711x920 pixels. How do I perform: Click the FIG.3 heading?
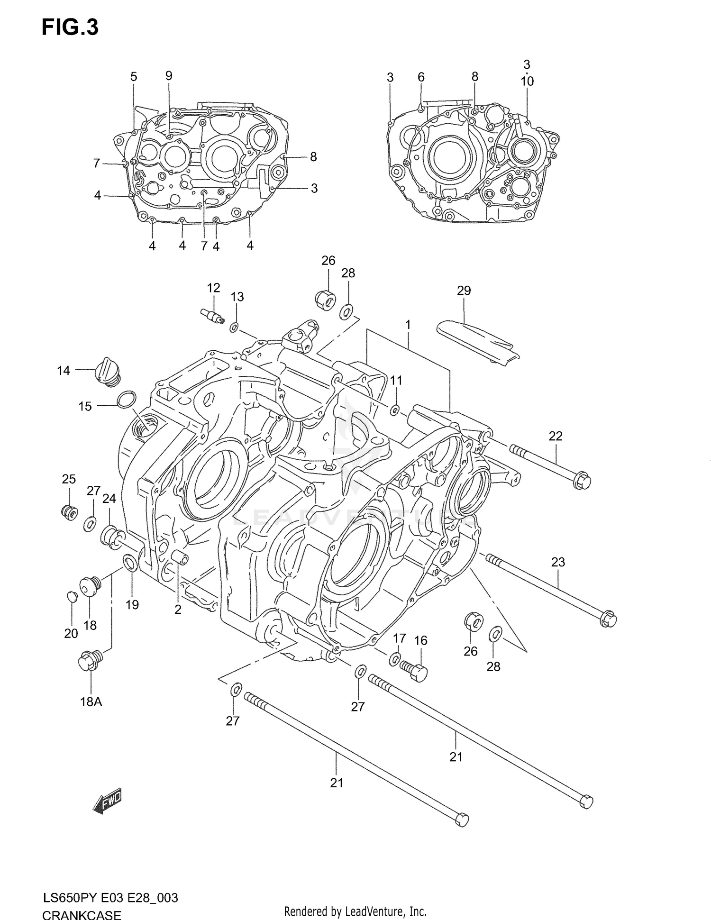coord(70,27)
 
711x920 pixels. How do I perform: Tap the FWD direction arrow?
coord(108,802)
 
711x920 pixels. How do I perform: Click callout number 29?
coord(464,291)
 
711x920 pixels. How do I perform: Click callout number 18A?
coord(91,702)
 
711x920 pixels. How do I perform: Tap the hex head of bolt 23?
coord(608,619)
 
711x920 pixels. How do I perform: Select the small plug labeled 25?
coord(70,512)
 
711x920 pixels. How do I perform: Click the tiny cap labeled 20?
coord(71,596)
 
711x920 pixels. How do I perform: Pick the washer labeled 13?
coord(234,327)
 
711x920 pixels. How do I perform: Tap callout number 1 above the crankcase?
coord(408,325)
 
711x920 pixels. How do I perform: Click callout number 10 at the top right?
coord(527,82)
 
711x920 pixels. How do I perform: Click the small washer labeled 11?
coord(394,410)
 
